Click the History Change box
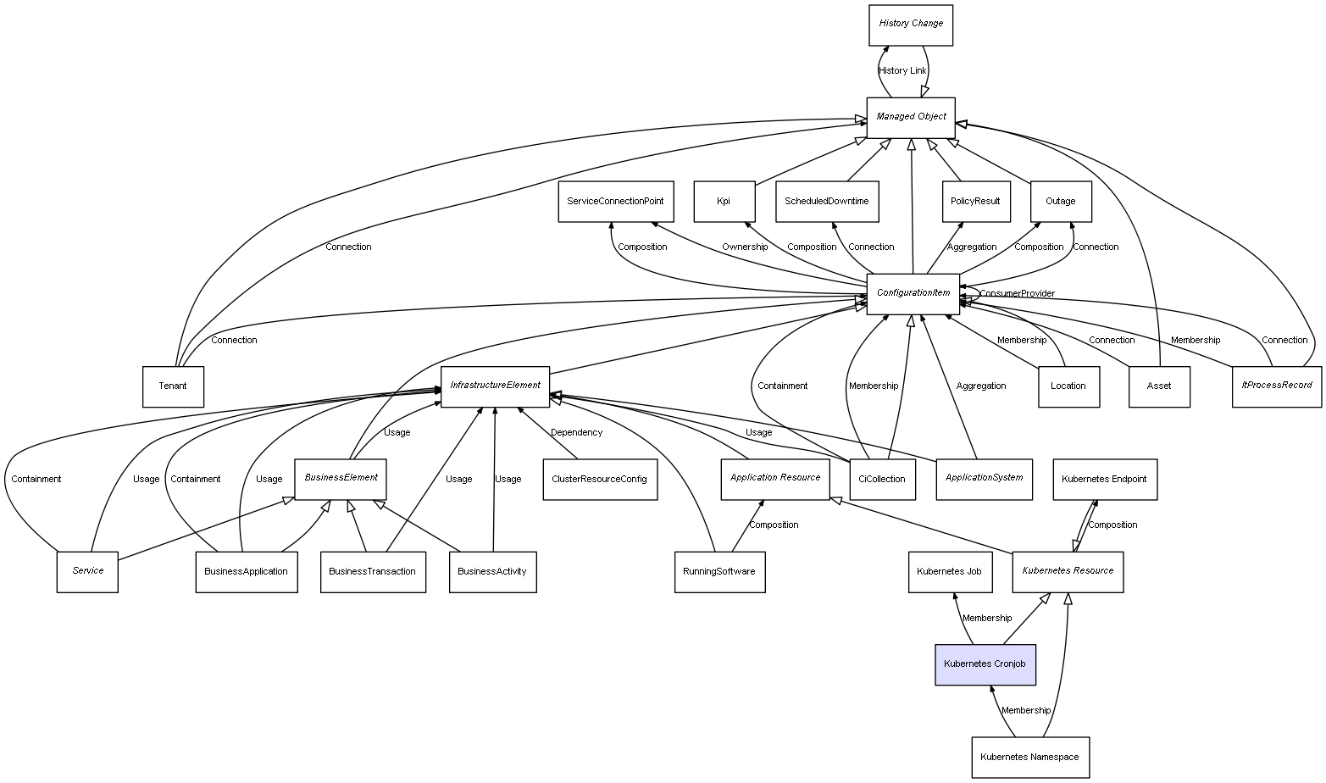pos(911,25)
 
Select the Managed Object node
pos(911,117)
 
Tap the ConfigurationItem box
pos(913,293)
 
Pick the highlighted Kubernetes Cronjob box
pos(985,664)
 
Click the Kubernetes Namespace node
pos(1029,757)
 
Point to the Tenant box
pos(173,386)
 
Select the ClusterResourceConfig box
pos(599,479)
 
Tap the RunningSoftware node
pos(719,571)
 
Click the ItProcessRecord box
pos(1276,386)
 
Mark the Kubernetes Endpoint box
pos(1104,479)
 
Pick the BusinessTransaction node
pos(373,571)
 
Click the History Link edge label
pos(902,70)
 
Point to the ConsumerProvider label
pos(1017,293)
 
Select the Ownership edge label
pos(745,247)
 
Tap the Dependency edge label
pos(576,432)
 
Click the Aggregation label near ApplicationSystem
pos(981,386)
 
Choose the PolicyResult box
pos(975,202)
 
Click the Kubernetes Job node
pos(949,571)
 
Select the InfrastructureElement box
pos(495,386)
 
